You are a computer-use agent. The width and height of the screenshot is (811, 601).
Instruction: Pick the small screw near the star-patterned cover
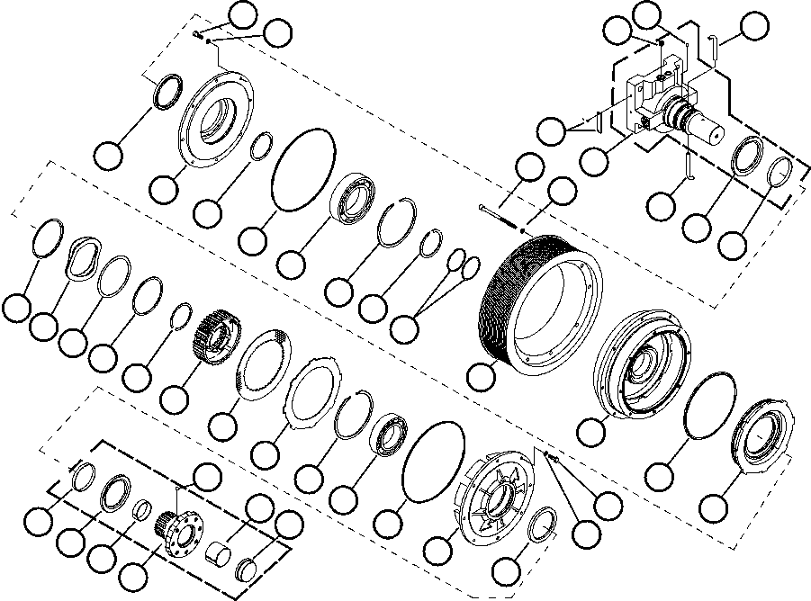(554, 459)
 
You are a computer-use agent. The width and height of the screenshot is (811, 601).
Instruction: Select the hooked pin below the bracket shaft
(687, 166)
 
